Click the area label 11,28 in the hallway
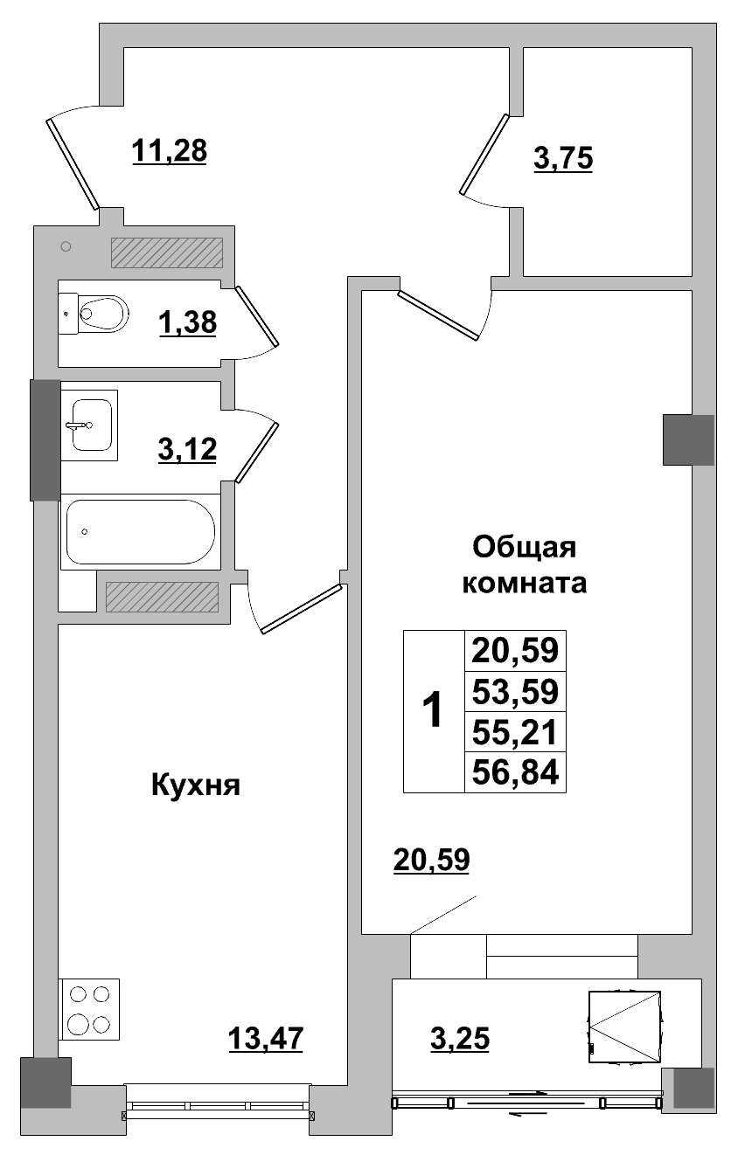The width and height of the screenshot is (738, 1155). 169,150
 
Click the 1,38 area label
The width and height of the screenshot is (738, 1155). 187,324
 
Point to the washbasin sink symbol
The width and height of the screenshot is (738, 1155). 90,425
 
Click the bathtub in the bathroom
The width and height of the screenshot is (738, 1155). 139,531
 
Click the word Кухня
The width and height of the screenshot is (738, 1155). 196,785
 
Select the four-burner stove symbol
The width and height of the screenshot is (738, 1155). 89,1009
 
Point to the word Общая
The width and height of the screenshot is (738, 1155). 525,548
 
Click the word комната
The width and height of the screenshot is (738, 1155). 524,584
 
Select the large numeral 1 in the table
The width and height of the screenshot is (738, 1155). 433,711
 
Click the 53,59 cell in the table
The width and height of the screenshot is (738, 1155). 515,692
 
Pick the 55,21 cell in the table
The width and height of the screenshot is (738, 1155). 515,731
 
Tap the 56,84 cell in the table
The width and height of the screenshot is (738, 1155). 515,771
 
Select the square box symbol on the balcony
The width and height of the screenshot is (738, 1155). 624,1026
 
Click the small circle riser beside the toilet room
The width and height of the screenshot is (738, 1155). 66,247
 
